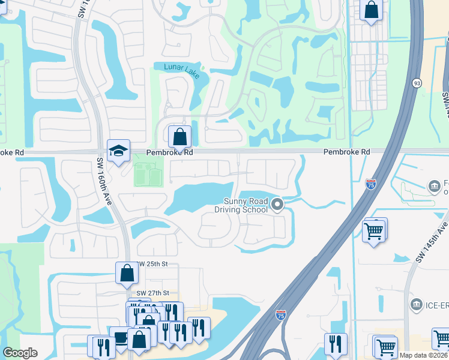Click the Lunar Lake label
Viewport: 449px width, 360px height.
coord(180,67)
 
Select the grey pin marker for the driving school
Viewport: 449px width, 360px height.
coord(277,205)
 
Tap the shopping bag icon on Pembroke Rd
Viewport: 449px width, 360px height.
coord(179,137)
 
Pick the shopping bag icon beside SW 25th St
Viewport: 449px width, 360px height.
coord(127,273)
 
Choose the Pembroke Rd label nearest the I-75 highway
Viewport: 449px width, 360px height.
coord(346,152)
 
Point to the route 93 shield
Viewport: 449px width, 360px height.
coord(417,82)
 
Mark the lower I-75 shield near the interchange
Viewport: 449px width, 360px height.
coord(281,314)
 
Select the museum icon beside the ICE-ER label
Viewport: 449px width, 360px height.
coord(415,305)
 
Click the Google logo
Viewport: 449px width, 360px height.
coord(20,353)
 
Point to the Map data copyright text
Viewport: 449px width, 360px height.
coord(423,355)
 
